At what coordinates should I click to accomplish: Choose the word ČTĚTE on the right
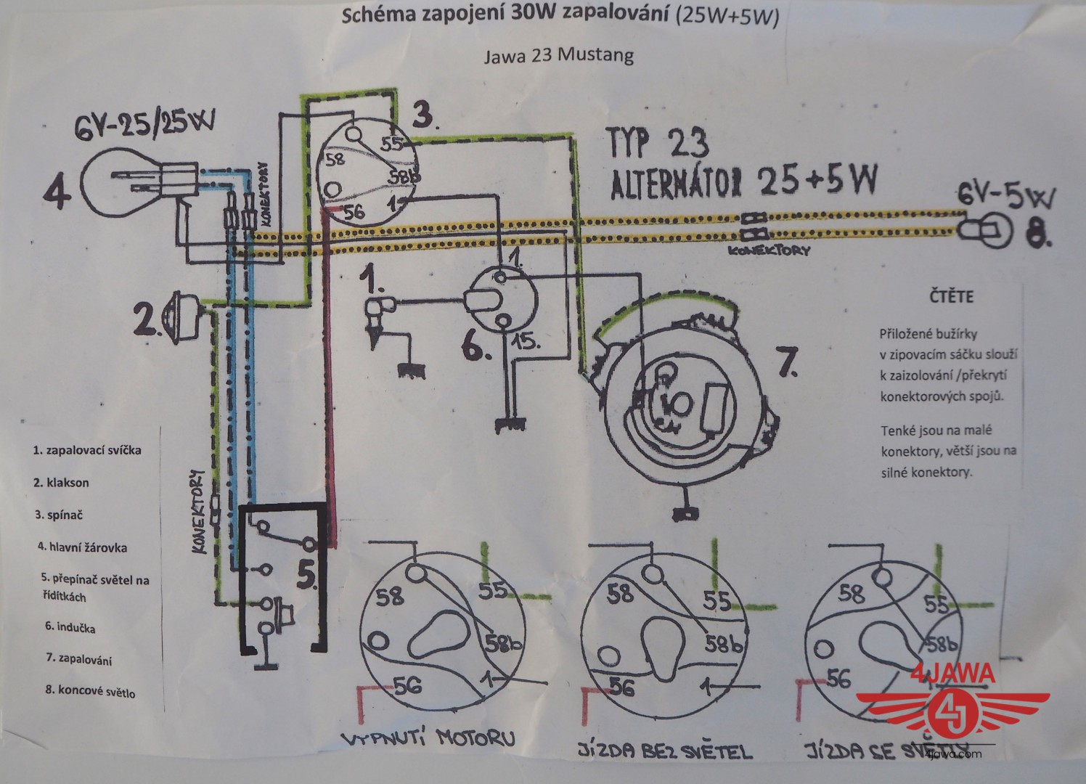[950, 297]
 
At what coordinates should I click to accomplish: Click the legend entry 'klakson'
[61, 482]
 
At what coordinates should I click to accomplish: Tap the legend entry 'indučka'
[70, 627]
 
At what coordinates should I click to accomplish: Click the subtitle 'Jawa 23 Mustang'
[558, 55]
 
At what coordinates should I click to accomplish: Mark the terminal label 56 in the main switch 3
[354, 212]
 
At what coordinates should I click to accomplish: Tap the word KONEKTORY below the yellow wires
[769, 250]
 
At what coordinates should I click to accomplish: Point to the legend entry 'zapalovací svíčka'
[87, 450]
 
